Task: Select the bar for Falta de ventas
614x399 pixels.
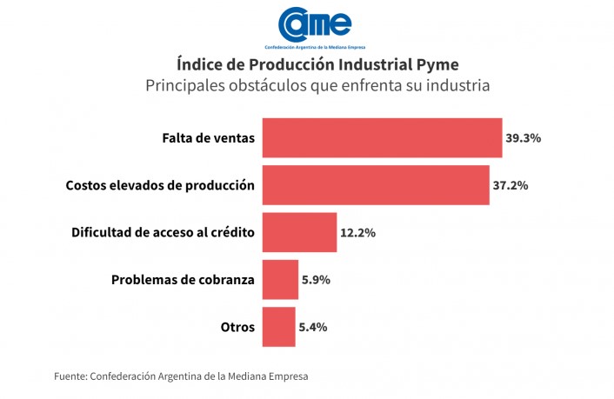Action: pyautogui.click(x=382, y=137)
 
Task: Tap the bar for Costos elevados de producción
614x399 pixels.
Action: pyautogui.click(x=376, y=185)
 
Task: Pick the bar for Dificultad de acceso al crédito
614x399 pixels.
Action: pyautogui.click(x=299, y=232)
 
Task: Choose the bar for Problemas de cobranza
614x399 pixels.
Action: pyautogui.click(x=280, y=280)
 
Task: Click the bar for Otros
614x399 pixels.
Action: pyautogui.click(x=278, y=327)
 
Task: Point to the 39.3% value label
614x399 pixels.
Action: pyautogui.click(x=524, y=138)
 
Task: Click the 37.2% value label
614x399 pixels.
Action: pyautogui.click(x=511, y=185)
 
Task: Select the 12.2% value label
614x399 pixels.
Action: pyautogui.click(x=358, y=233)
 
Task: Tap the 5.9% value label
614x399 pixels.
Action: pyautogui.click(x=316, y=280)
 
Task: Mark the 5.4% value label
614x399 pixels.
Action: pyautogui.click(x=313, y=327)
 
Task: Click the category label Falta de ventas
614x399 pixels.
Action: pyautogui.click(x=208, y=138)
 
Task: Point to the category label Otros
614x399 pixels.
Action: pyautogui.click(x=237, y=327)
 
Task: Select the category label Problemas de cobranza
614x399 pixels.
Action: pyautogui.click(x=183, y=280)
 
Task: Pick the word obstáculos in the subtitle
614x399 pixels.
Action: pyautogui.click(x=259, y=86)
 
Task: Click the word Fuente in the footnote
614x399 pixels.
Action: pyautogui.click(x=69, y=376)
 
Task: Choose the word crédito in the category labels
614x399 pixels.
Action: pyautogui.click(x=229, y=232)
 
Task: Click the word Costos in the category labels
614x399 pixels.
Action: pyautogui.click(x=86, y=185)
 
